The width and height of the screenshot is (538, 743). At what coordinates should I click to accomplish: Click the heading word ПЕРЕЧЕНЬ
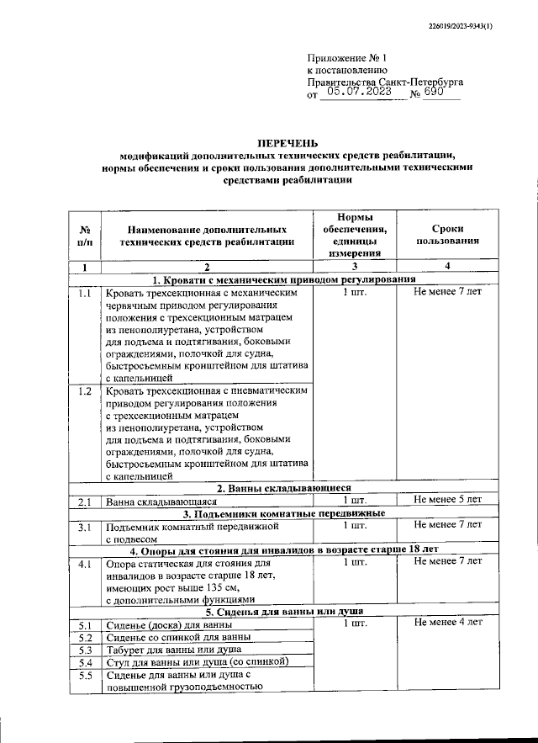click(287, 143)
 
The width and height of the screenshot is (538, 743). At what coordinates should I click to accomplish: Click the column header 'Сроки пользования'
click(448, 234)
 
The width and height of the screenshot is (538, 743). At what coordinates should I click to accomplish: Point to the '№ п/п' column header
click(85, 234)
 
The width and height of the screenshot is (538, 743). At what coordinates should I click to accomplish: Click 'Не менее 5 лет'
click(448, 501)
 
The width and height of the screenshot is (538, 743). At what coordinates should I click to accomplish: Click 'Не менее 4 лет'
click(448, 624)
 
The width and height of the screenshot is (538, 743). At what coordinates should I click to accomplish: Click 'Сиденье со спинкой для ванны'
click(178, 636)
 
